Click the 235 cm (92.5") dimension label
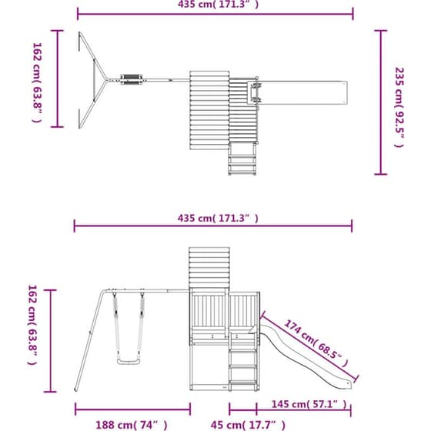[399, 108]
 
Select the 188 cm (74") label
[132, 425]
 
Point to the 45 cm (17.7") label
[248, 425]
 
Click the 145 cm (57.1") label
[309, 404]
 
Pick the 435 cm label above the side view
[218, 219]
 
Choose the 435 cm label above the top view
[219, 5]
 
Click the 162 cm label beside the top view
[38, 82]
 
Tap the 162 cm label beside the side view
[32, 325]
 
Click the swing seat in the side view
[129, 361]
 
